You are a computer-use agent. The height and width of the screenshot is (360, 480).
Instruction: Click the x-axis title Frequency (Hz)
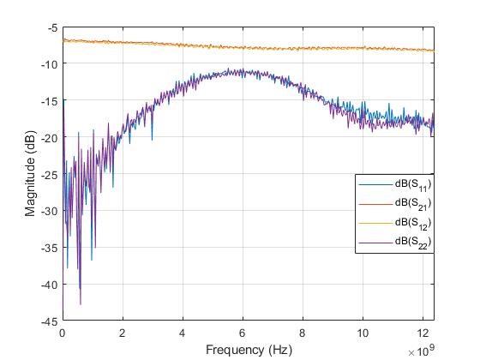click(x=248, y=350)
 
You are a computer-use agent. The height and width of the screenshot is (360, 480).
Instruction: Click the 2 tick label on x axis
click(x=123, y=332)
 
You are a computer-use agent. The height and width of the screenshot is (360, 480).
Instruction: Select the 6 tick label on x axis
click(x=243, y=332)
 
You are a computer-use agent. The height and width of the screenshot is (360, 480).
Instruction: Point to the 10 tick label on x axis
click(x=363, y=332)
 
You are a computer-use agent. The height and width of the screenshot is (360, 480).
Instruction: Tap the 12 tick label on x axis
click(x=423, y=332)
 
